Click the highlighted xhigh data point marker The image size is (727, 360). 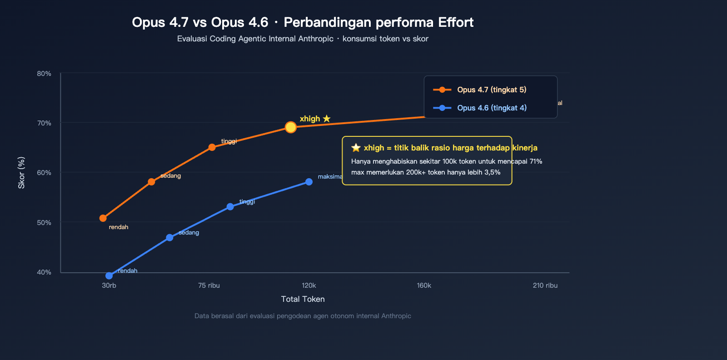coord(291,127)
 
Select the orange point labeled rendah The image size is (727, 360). coord(103,218)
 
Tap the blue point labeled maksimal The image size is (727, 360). coord(309,182)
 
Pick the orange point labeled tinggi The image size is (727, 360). coord(212,147)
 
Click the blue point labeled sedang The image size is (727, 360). coord(169,238)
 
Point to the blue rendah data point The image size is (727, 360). coord(109,276)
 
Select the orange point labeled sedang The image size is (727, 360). coord(151,182)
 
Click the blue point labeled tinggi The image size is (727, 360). coord(230,207)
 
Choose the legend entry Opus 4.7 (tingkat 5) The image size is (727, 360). coord(491,90)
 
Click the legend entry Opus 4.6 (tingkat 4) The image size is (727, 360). coord(491,108)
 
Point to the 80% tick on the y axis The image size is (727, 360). coord(44,74)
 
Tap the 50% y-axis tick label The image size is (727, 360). coord(44,223)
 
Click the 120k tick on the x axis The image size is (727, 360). coord(309,285)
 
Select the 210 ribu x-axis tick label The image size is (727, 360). coord(545,285)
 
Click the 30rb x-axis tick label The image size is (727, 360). coord(109,285)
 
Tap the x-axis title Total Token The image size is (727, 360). coord(303,299)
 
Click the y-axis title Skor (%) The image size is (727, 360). coord(21,173)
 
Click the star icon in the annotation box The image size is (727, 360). coord(356,148)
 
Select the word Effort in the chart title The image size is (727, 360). coord(456,22)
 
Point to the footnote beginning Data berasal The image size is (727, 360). coord(303,316)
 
